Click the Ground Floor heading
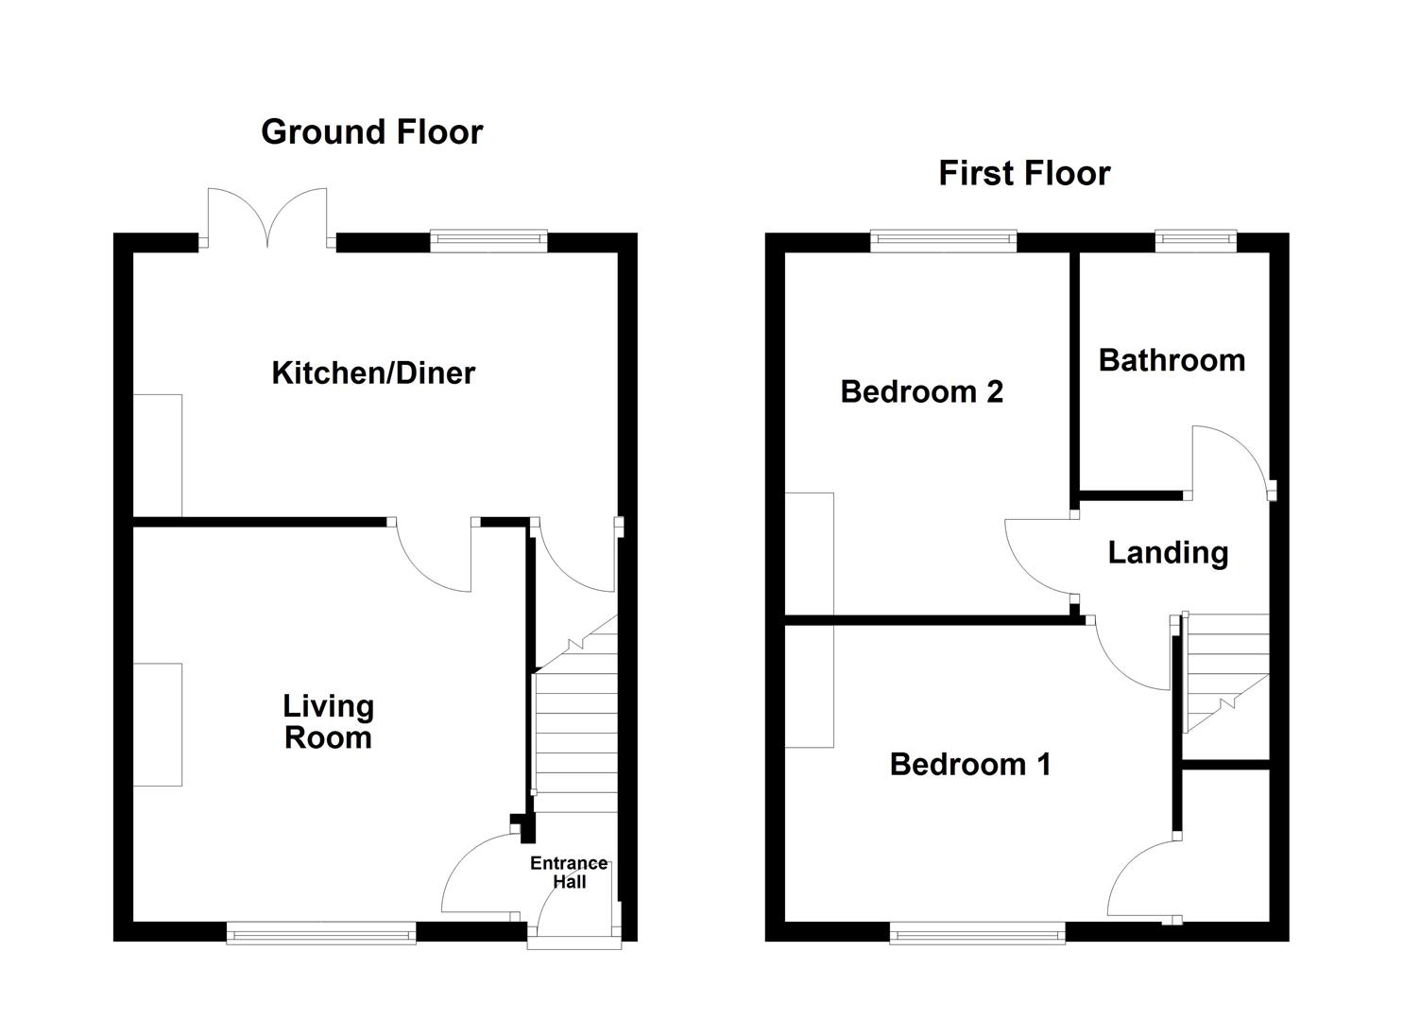point(371,131)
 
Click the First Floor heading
point(1024,173)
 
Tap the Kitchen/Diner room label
point(373,372)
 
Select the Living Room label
point(329,722)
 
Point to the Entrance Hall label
point(569,873)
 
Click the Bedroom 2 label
point(921,390)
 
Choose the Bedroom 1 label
point(970,764)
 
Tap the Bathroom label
point(1172,360)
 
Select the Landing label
point(1168,552)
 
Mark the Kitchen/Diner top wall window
point(488,241)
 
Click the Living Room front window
point(321,934)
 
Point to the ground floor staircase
point(575,728)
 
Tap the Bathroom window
point(1195,241)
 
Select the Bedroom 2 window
point(943,241)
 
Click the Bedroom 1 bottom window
point(978,934)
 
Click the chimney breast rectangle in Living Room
point(157,724)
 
